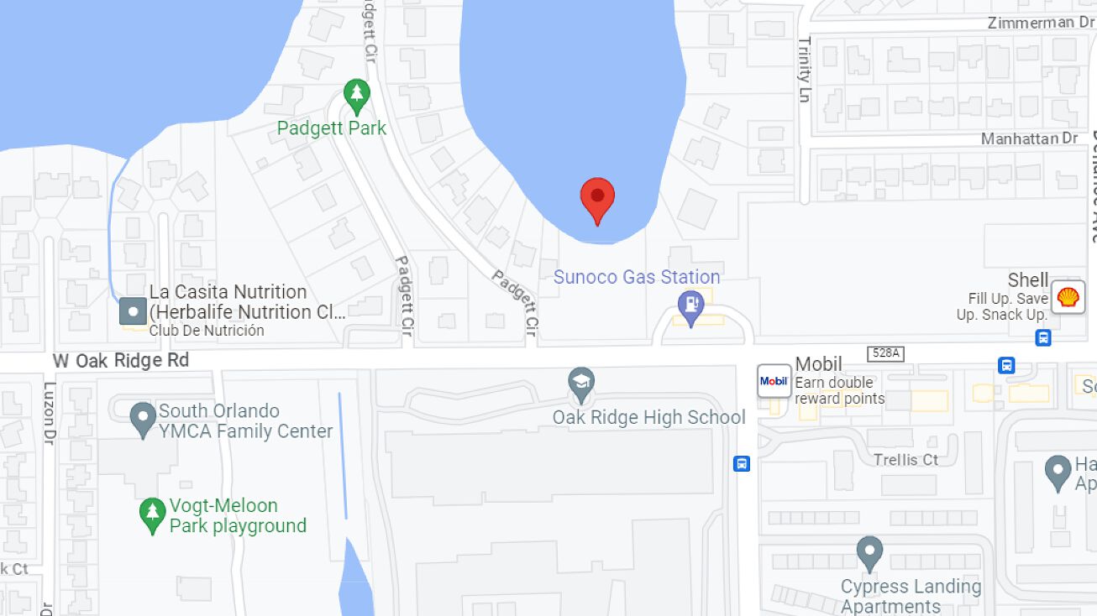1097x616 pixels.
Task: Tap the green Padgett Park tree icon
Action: (357, 97)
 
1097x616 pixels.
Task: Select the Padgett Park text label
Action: (332, 128)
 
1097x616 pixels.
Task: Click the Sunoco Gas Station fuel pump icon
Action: (690, 307)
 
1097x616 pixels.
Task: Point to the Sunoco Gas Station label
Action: (636, 277)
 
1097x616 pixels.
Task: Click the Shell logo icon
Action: (1068, 297)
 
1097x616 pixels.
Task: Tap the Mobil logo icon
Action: (774, 381)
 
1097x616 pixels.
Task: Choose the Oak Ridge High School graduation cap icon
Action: (580, 384)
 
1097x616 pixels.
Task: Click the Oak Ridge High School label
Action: (648, 417)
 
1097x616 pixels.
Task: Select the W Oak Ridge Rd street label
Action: (121, 361)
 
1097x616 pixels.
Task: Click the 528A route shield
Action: (885, 353)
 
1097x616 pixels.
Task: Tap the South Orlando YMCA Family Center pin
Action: (144, 417)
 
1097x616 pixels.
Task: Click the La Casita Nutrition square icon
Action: (133, 311)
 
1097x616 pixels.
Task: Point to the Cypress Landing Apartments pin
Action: (869, 554)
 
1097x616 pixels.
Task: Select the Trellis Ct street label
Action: (905, 460)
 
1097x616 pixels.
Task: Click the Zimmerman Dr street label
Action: (1041, 23)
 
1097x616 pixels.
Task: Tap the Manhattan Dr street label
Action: (1029, 138)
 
